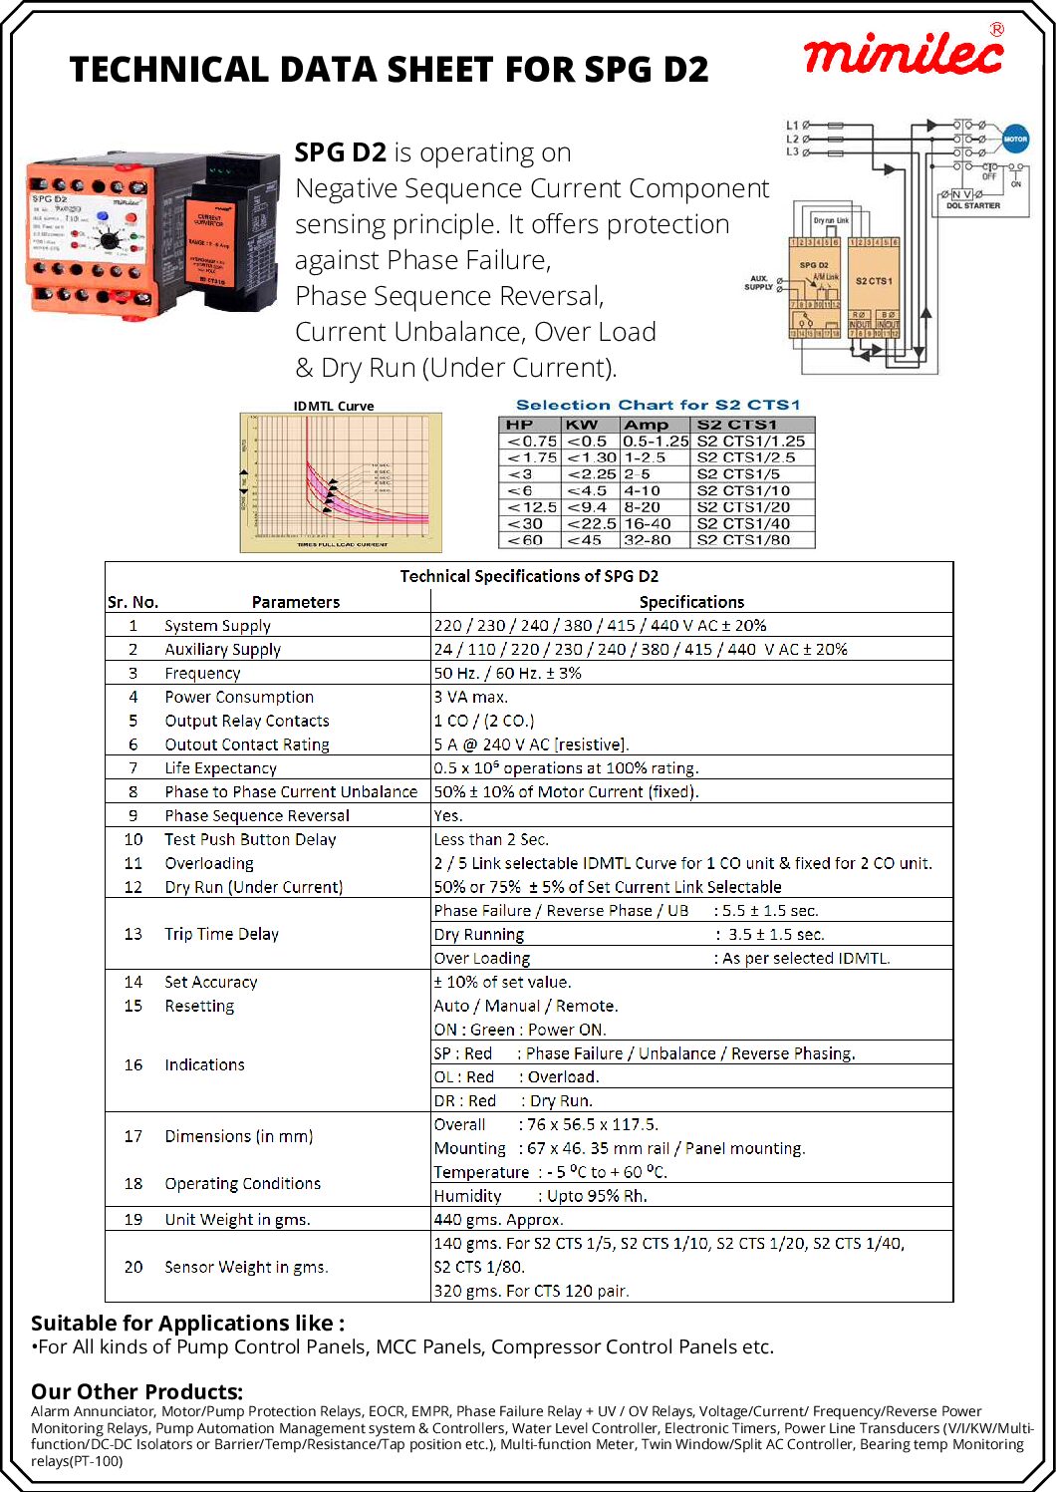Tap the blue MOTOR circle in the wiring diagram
pos(1014,140)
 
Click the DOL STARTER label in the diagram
pos(973,206)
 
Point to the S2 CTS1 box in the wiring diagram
pos(874,282)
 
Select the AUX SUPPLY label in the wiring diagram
pos(759,283)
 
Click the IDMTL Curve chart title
pos(334,406)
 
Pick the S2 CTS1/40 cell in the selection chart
pos(743,523)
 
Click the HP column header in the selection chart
pos(520,425)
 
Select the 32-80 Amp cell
pos(648,540)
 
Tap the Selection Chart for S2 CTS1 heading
pos(658,405)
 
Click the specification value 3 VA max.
pos(471,697)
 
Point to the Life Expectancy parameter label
pos(220,768)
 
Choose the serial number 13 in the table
pos(133,934)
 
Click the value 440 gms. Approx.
pos(498,1219)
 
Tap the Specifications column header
pos(691,602)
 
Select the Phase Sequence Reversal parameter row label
pos(257,815)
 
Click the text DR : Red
pos(464,1100)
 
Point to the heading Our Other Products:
pos(136,1391)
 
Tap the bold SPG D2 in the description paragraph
pos(340,152)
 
